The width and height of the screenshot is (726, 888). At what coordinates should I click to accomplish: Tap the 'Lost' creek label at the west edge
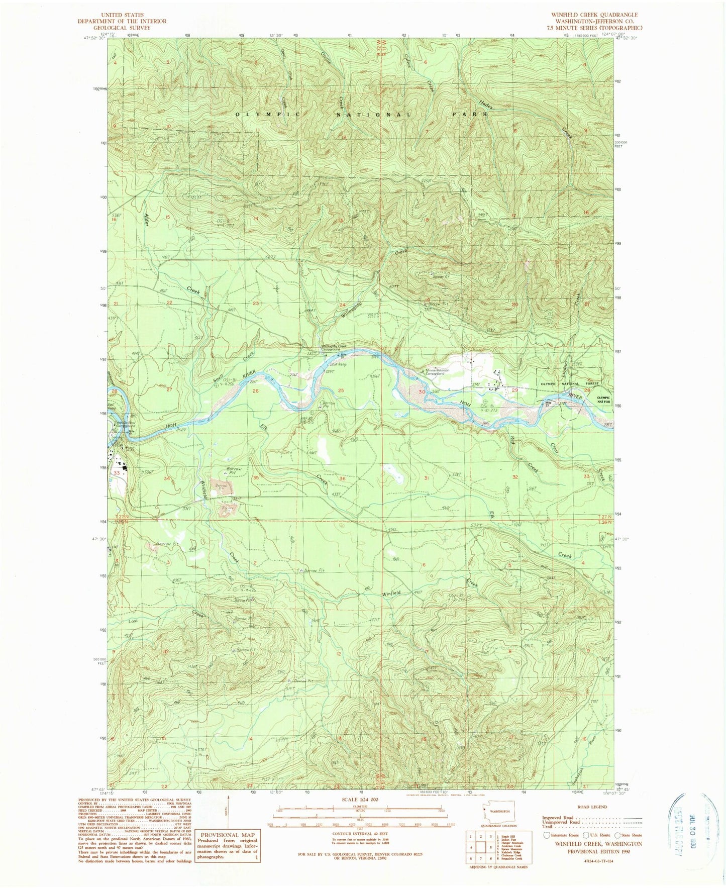133,621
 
